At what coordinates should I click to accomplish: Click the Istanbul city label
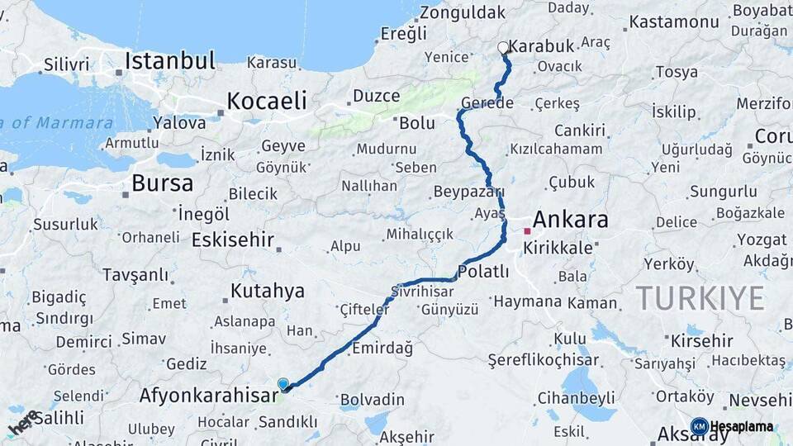click(x=170, y=60)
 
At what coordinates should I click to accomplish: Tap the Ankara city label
click(x=570, y=220)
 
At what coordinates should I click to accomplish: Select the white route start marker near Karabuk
click(x=503, y=47)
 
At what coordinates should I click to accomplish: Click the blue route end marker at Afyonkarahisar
click(x=283, y=384)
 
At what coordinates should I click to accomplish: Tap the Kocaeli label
click(x=266, y=101)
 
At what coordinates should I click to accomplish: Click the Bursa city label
click(x=162, y=183)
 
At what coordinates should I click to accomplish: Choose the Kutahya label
click(x=267, y=291)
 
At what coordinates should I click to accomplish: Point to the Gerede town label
click(x=487, y=103)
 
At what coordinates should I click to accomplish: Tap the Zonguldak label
click(x=462, y=12)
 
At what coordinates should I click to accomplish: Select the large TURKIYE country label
click(x=699, y=298)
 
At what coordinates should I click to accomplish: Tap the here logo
click(x=24, y=422)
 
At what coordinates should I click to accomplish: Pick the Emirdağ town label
click(x=382, y=348)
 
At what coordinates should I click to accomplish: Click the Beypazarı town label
click(x=468, y=192)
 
